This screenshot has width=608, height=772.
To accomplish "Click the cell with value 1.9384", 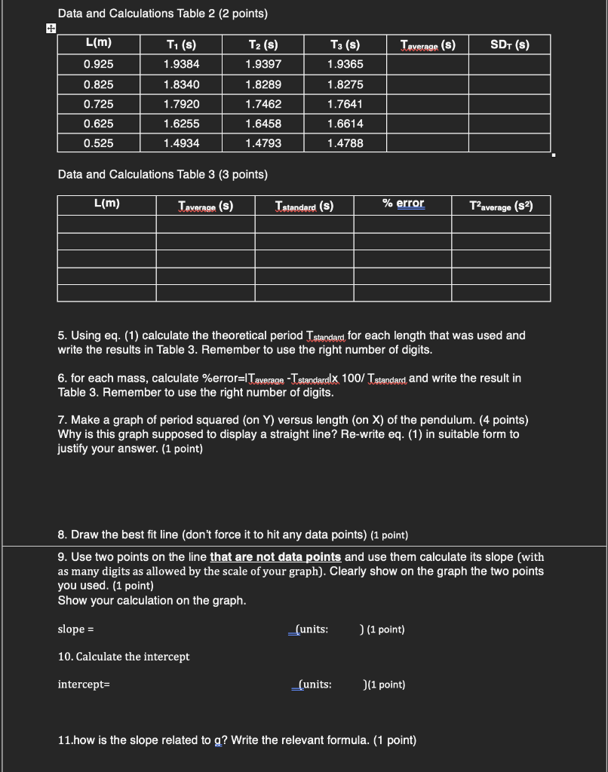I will click(x=181, y=65).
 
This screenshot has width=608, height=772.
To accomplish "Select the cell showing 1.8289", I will click(x=263, y=84).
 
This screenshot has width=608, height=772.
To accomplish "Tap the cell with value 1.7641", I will click(x=345, y=104).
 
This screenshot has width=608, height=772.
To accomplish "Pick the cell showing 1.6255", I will click(x=181, y=124).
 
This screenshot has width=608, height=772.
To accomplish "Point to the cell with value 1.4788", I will click(x=345, y=143).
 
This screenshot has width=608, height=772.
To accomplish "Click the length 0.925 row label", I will click(x=99, y=65).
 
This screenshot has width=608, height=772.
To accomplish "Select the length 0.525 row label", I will click(x=99, y=143).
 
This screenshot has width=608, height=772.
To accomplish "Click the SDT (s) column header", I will click(x=509, y=45).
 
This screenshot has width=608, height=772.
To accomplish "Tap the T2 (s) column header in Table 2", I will click(x=263, y=45).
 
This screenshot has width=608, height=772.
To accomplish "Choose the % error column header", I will click(x=403, y=204).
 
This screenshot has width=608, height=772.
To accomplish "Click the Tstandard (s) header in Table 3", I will click(x=304, y=206).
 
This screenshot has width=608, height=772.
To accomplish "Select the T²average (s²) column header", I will click(x=500, y=206).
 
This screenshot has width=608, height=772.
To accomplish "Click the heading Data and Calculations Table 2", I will click(x=162, y=14).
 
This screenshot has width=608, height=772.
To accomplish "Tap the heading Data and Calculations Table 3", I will click(x=162, y=174).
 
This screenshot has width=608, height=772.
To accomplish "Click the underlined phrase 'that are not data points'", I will click(x=275, y=557).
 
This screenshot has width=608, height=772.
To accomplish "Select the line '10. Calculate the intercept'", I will click(x=124, y=657).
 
